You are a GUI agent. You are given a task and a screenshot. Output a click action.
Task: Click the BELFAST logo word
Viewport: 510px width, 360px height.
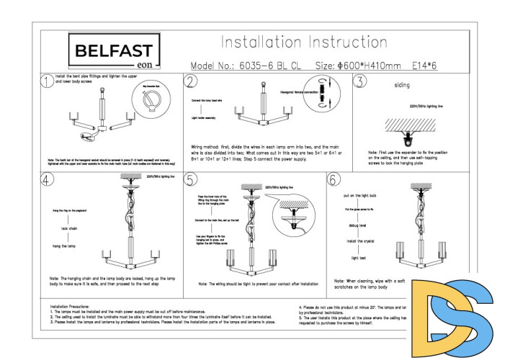pyautogui.click(x=114, y=50)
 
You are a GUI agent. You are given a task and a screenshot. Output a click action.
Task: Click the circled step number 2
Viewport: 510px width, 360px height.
pyautogui.click(x=191, y=81)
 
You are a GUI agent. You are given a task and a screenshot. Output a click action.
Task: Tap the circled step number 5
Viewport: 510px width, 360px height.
pyautogui.click(x=191, y=179)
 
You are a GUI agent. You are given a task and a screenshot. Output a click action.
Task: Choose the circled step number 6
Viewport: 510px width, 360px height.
pyautogui.click(x=334, y=179)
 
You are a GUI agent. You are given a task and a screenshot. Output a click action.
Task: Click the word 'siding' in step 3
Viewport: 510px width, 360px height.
pyautogui.click(x=402, y=85)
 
